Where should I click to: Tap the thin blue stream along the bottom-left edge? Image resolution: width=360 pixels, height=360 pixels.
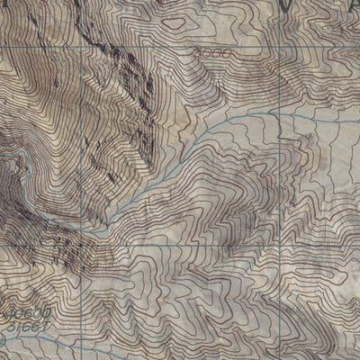[x=36, y=346]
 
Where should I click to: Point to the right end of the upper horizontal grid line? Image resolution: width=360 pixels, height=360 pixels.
[x=358, y=48]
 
